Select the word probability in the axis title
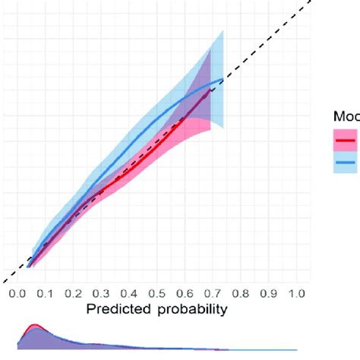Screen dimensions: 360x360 (x=190, y=310)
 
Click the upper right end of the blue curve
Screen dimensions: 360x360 (x=223, y=79)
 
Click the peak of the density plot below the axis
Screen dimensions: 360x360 (x=34, y=326)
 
